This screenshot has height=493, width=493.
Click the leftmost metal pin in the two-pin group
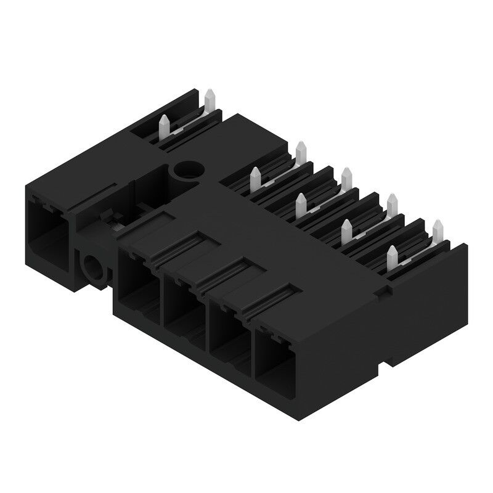pos(165,128)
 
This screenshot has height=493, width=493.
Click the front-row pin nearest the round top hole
pos(254,180)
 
